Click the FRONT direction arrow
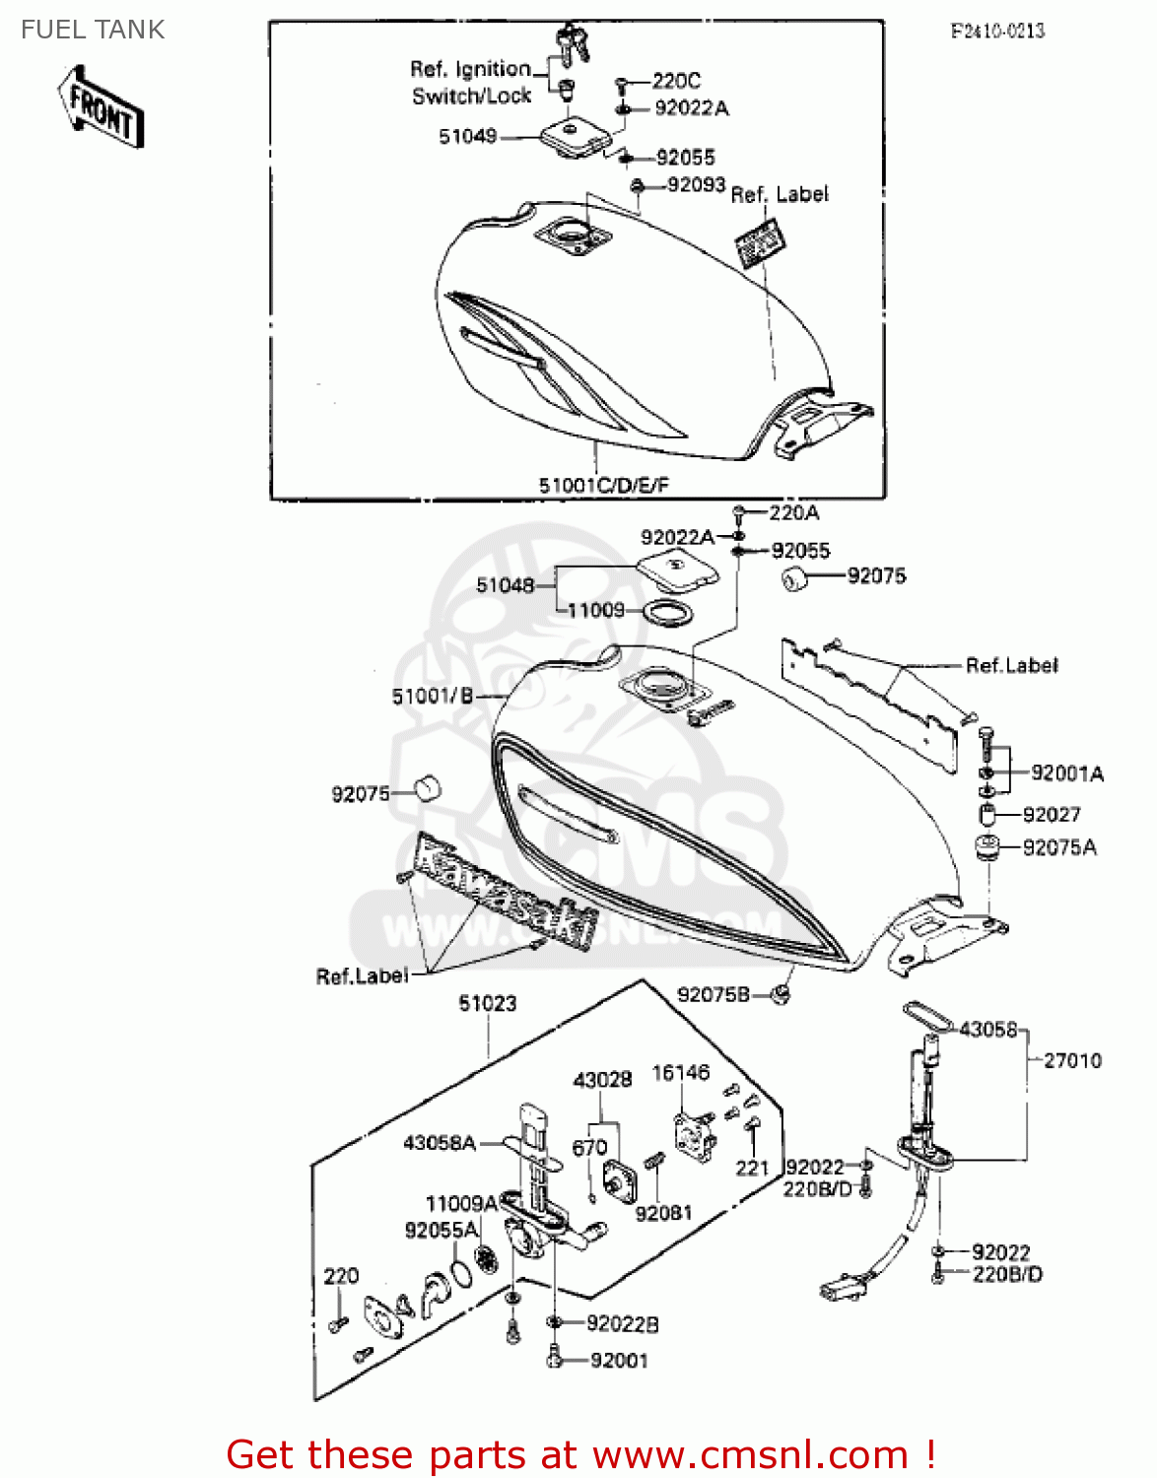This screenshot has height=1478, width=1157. [x=102, y=105]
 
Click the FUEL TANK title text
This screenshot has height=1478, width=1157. [x=93, y=30]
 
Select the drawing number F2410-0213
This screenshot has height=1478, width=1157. [x=997, y=31]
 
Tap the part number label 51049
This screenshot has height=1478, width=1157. [x=467, y=137]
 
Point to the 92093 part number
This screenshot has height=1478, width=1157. [x=696, y=185]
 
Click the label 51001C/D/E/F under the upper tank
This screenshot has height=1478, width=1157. [x=603, y=485]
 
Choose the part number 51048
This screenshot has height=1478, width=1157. [x=505, y=585]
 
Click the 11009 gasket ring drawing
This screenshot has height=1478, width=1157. [x=667, y=613]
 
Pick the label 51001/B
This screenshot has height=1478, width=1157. [x=433, y=697]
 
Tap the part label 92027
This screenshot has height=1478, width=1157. [x=1052, y=815]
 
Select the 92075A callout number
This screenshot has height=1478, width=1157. [x=1059, y=847]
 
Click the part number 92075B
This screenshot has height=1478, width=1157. [x=714, y=995]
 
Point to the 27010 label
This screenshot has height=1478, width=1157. [x=1072, y=1061]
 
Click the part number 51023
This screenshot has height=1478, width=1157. [x=487, y=1003]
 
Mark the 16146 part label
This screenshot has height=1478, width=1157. [x=680, y=1073]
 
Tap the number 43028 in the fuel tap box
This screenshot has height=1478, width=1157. [x=602, y=1080]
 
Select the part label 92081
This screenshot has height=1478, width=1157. [x=663, y=1213]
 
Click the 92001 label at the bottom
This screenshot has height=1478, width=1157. [x=619, y=1361]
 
